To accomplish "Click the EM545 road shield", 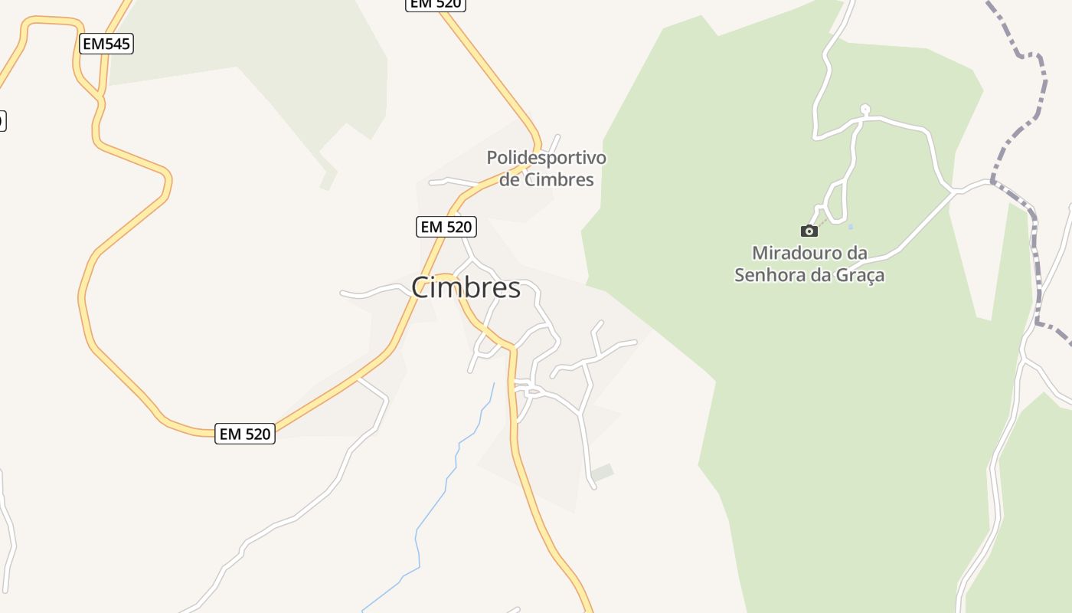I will (106, 44).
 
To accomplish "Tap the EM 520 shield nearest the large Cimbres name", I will (446, 227).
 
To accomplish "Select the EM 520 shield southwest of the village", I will (244, 434).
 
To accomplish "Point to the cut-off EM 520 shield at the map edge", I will (435, 4).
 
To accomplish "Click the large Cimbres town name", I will (466, 288).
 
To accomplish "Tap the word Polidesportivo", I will (546, 158).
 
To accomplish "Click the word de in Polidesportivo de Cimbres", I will (509, 180).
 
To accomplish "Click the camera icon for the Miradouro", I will (809, 231).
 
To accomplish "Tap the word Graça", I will (862, 274).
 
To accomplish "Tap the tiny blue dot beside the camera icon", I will (851, 226).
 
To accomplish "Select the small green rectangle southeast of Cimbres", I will (603, 473).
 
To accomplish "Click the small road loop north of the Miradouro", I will (865, 109).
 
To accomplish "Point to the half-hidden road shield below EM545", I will (2, 120).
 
